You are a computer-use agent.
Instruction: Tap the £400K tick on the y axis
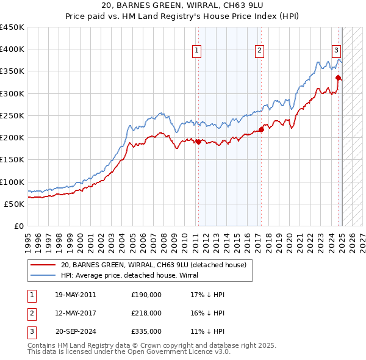click(x=12, y=49)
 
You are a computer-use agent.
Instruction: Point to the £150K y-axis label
click(x=12, y=160)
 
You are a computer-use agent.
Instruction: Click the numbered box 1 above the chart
click(x=198, y=51)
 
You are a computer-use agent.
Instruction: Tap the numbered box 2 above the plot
click(x=260, y=51)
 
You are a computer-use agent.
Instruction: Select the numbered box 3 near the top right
click(x=336, y=51)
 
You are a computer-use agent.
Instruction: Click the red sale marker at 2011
click(x=198, y=142)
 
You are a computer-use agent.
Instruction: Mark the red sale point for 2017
click(x=260, y=129)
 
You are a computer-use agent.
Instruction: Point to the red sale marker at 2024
click(x=338, y=77)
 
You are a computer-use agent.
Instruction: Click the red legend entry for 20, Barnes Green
click(x=153, y=265)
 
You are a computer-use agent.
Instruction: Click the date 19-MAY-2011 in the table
click(x=76, y=295)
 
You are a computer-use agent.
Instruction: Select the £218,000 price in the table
click(x=146, y=313)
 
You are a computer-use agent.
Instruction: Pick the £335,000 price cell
click(x=146, y=331)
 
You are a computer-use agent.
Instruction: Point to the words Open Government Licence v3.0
click(x=181, y=352)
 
